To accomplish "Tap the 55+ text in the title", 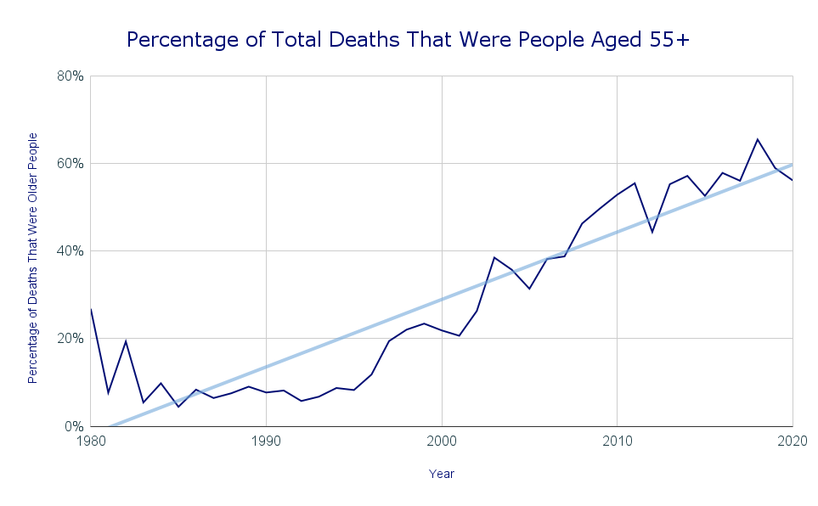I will point(674,39).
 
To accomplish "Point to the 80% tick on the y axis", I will point(70,76).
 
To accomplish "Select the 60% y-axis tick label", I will point(70,163).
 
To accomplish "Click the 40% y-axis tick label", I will point(70,250).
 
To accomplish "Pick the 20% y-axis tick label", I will point(70,338).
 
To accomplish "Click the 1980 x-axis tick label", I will point(91,442).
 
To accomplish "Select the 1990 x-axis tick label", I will point(266,442).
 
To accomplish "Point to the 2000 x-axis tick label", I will point(442,442).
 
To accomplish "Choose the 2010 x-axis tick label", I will point(618,442).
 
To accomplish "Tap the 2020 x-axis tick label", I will point(792,442).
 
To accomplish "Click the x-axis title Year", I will point(442,474).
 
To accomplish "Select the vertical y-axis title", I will point(33,257).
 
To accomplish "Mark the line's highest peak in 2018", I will point(757,139).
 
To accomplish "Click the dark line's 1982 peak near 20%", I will point(126,341).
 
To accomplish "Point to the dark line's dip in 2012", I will point(652,232).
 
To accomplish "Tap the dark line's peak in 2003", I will point(494,257).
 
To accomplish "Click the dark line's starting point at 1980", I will point(91,309).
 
